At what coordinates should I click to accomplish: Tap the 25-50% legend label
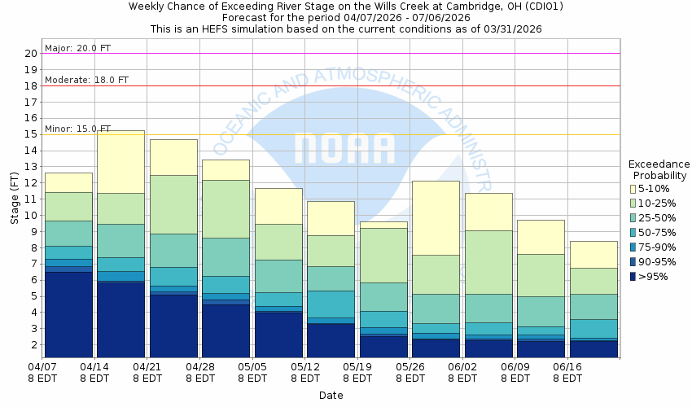[x=656, y=218]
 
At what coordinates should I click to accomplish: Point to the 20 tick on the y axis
[x=31, y=54]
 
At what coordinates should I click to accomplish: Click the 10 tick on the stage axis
[x=31, y=216]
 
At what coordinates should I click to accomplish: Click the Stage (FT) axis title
[x=13, y=199]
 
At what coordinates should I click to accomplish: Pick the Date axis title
[x=331, y=396]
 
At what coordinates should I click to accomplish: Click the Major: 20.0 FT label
[x=78, y=48]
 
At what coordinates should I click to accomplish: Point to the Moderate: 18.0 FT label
[x=86, y=80]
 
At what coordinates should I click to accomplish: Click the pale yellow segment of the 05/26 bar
[x=436, y=217]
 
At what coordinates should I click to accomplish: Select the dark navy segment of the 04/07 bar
[x=68, y=314]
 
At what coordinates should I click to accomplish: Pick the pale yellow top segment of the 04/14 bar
[x=120, y=161]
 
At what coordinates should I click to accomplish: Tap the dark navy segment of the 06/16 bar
[x=593, y=348]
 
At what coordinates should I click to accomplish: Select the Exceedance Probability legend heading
[x=660, y=169]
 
